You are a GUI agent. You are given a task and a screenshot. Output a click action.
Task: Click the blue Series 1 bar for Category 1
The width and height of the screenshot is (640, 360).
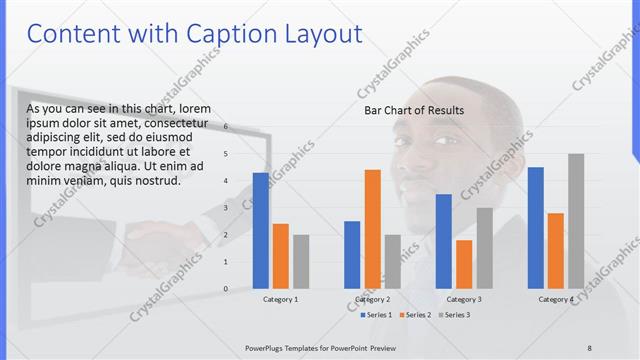coord(261,230)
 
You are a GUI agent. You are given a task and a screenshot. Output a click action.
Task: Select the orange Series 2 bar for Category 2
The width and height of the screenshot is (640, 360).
coord(372,229)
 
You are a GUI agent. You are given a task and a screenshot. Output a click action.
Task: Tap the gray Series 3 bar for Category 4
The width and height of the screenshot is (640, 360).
coord(576,221)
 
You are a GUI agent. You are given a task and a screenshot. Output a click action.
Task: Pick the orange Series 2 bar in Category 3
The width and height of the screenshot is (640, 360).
coord(464,264)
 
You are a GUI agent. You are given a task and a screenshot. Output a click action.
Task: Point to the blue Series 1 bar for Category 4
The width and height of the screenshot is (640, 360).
coord(536,227)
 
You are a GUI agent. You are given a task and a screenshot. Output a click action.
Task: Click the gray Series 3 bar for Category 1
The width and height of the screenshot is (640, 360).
coord(301,261)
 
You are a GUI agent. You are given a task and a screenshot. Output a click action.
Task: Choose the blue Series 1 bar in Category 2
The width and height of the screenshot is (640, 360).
coord(352,254)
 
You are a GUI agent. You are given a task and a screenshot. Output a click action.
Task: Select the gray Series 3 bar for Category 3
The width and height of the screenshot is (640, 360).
coord(484,248)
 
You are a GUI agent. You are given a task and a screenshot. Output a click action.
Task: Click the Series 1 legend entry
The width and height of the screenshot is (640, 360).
coord(375,315)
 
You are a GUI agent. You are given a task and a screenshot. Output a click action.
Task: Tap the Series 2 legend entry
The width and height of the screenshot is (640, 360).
coord(414,315)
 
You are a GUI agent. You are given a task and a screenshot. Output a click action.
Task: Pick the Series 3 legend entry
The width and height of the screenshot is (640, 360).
coord(453,315)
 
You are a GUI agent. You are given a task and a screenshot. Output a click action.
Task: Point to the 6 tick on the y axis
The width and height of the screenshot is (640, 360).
coord(226,127)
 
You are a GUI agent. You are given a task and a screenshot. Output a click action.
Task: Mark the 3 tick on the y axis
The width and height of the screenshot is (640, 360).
coord(226,208)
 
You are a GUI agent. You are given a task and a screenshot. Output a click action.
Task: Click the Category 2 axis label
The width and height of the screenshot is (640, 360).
coord(372,299)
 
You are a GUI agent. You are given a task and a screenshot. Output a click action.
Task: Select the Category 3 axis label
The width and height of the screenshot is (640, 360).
coord(464,299)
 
